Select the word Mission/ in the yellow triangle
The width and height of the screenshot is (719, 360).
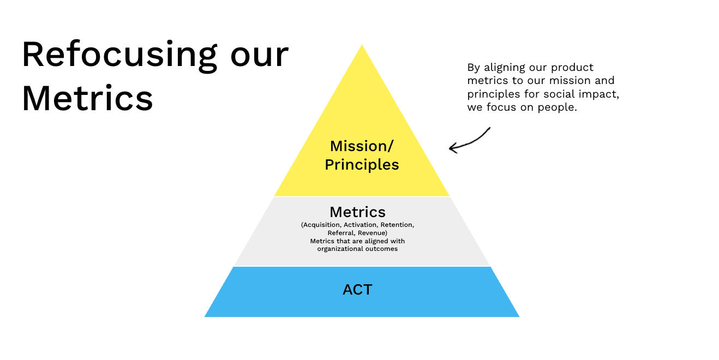point(362,146)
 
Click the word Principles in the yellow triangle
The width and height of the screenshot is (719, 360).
point(362,165)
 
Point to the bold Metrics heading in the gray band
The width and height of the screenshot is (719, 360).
point(357,212)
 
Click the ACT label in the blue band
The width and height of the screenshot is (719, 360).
point(357,290)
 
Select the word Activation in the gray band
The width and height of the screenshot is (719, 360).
point(362,225)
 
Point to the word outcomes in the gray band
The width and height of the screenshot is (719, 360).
point(382,249)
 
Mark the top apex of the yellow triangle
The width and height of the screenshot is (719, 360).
point(362,45)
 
